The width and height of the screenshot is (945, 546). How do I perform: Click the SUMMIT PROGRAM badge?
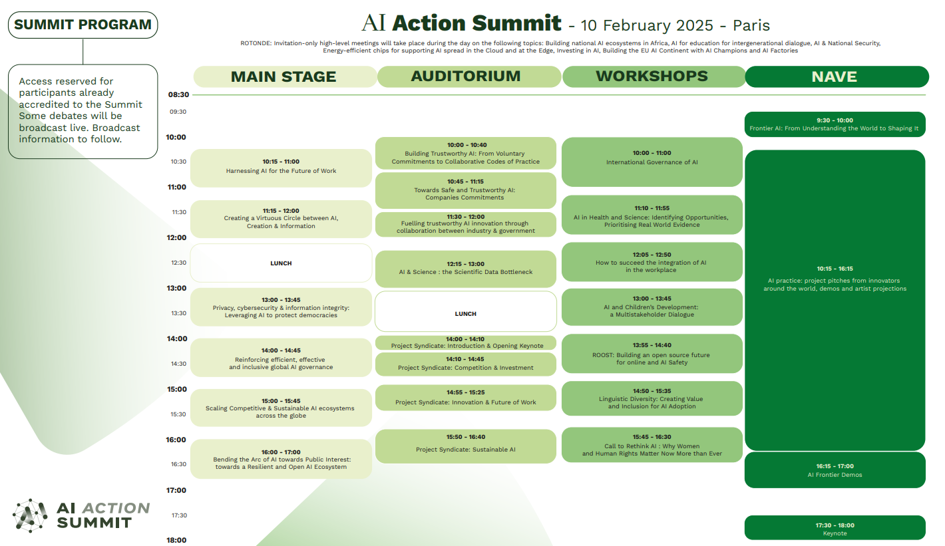pyautogui.click(x=83, y=25)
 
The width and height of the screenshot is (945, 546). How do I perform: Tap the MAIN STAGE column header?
pyautogui.click(x=285, y=76)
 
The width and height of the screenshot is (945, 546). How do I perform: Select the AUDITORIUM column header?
pyautogui.click(x=469, y=76)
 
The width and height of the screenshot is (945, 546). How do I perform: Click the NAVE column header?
pyautogui.click(x=837, y=76)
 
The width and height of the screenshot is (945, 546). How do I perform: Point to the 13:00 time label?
pyautogui.click(x=176, y=288)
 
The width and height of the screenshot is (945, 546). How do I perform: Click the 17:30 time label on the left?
pyautogui.click(x=179, y=515)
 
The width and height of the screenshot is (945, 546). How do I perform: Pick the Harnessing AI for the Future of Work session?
pyautogui.click(x=281, y=168)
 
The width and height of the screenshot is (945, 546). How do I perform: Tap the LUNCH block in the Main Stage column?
pyautogui.click(x=281, y=263)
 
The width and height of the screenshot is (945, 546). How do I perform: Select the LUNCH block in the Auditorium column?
pyautogui.click(x=466, y=312)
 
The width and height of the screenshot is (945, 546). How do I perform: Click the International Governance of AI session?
pyautogui.click(x=652, y=162)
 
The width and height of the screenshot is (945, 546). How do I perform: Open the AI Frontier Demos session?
pyautogui.click(x=835, y=470)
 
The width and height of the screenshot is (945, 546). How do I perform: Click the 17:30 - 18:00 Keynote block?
pyautogui.click(x=835, y=527)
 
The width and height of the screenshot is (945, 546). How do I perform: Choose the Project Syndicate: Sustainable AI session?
pyautogui.click(x=466, y=446)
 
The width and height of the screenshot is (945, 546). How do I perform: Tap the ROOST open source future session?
pyautogui.click(x=652, y=354)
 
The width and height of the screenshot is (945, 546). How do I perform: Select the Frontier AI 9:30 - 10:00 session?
pyautogui.click(x=835, y=124)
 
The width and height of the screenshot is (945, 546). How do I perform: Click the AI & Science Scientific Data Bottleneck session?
pyautogui.click(x=466, y=269)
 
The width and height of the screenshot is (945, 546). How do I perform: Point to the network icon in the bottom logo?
pyautogui.click(x=30, y=515)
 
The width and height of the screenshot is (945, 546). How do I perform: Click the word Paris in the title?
pyautogui.click(x=751, y=25)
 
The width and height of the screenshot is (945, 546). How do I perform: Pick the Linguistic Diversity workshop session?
pyautogui.click(x=652, y=398)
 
